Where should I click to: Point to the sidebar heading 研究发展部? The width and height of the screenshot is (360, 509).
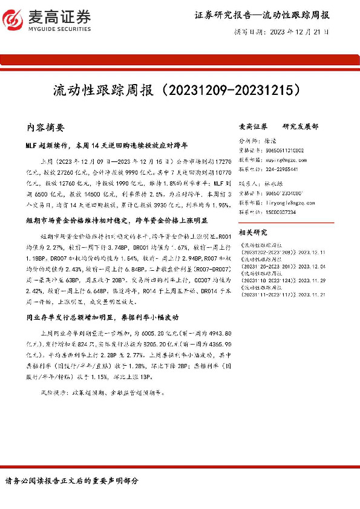coord(300,127)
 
